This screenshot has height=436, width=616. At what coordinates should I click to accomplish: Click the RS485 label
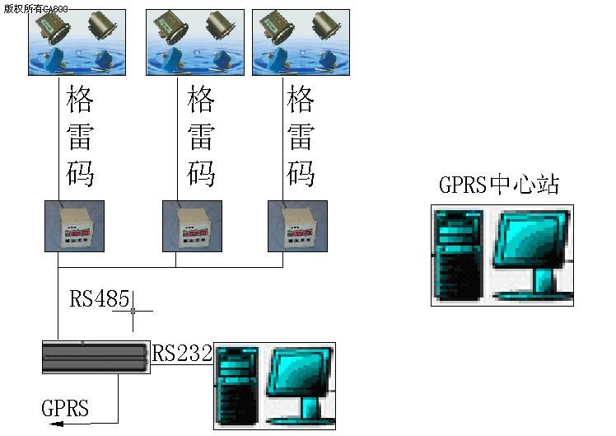click(99, 298)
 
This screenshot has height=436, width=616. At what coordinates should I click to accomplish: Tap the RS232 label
click(182, 354)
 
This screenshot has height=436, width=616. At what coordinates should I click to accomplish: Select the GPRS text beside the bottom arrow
click(65, 407)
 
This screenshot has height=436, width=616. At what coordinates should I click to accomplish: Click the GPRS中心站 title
click(498, 184)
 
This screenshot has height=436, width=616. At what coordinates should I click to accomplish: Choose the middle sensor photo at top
click(195, 42)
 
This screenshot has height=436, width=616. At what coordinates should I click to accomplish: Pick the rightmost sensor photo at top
click(300, 42)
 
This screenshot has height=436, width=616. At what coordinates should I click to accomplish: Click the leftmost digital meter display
click(74, 226)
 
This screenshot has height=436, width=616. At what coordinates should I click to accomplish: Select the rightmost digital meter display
click(297, 226)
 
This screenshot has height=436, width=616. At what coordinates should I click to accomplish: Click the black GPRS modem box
click(96, 357)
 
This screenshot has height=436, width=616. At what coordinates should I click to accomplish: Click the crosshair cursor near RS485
click(133, 311)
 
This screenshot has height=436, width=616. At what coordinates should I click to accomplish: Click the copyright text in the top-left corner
click(35, 8)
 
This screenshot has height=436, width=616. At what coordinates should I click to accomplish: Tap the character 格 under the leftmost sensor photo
click(80, 101)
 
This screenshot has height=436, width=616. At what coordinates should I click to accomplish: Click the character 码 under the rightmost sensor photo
click(301, 174)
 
